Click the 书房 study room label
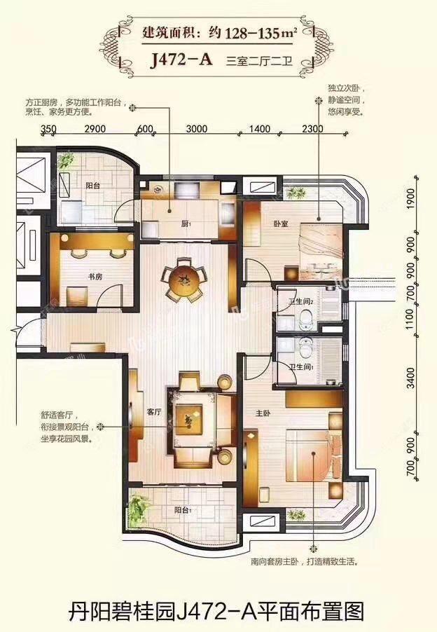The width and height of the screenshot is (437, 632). [x=95, y=277]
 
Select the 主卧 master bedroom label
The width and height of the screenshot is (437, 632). [x=263, y=414]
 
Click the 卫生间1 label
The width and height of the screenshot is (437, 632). [x=290, y=366]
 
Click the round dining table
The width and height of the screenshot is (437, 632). [x=185, y=281]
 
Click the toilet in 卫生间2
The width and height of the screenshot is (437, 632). [x=305, y=319]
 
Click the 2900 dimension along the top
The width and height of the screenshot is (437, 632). [x=95, y=128]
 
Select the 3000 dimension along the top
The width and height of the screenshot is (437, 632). [x=198, y=128]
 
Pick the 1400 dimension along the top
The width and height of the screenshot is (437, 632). [x=259, y=128]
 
